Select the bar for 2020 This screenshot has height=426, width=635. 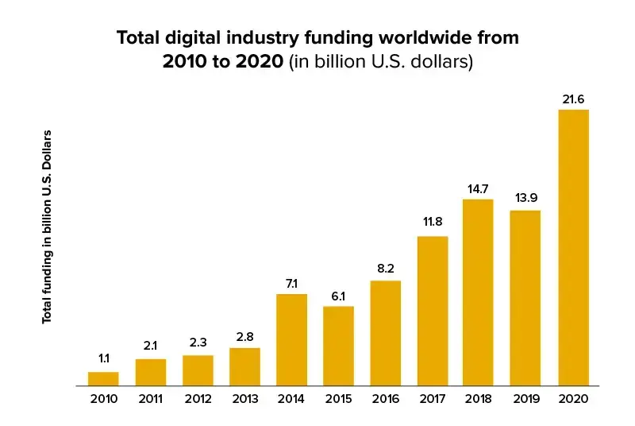point(573,247)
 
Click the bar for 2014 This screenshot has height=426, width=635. point(291,340)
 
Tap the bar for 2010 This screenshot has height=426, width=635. point(103,378)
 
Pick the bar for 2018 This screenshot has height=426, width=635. point(478,292)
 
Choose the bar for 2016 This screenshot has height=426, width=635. point(385,333)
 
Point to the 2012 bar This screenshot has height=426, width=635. point(198,370)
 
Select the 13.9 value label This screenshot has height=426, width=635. point(525,197)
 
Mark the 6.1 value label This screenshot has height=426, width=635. point(338,296)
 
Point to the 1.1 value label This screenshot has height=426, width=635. point(103,359)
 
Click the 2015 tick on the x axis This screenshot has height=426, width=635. point(338,400)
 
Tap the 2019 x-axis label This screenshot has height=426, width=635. point(525,400)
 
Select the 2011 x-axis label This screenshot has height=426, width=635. point(150,400)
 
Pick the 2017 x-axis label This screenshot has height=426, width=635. point(432,400)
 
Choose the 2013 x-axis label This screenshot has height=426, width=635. point(244,400)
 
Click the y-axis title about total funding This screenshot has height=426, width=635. point(47,226)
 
